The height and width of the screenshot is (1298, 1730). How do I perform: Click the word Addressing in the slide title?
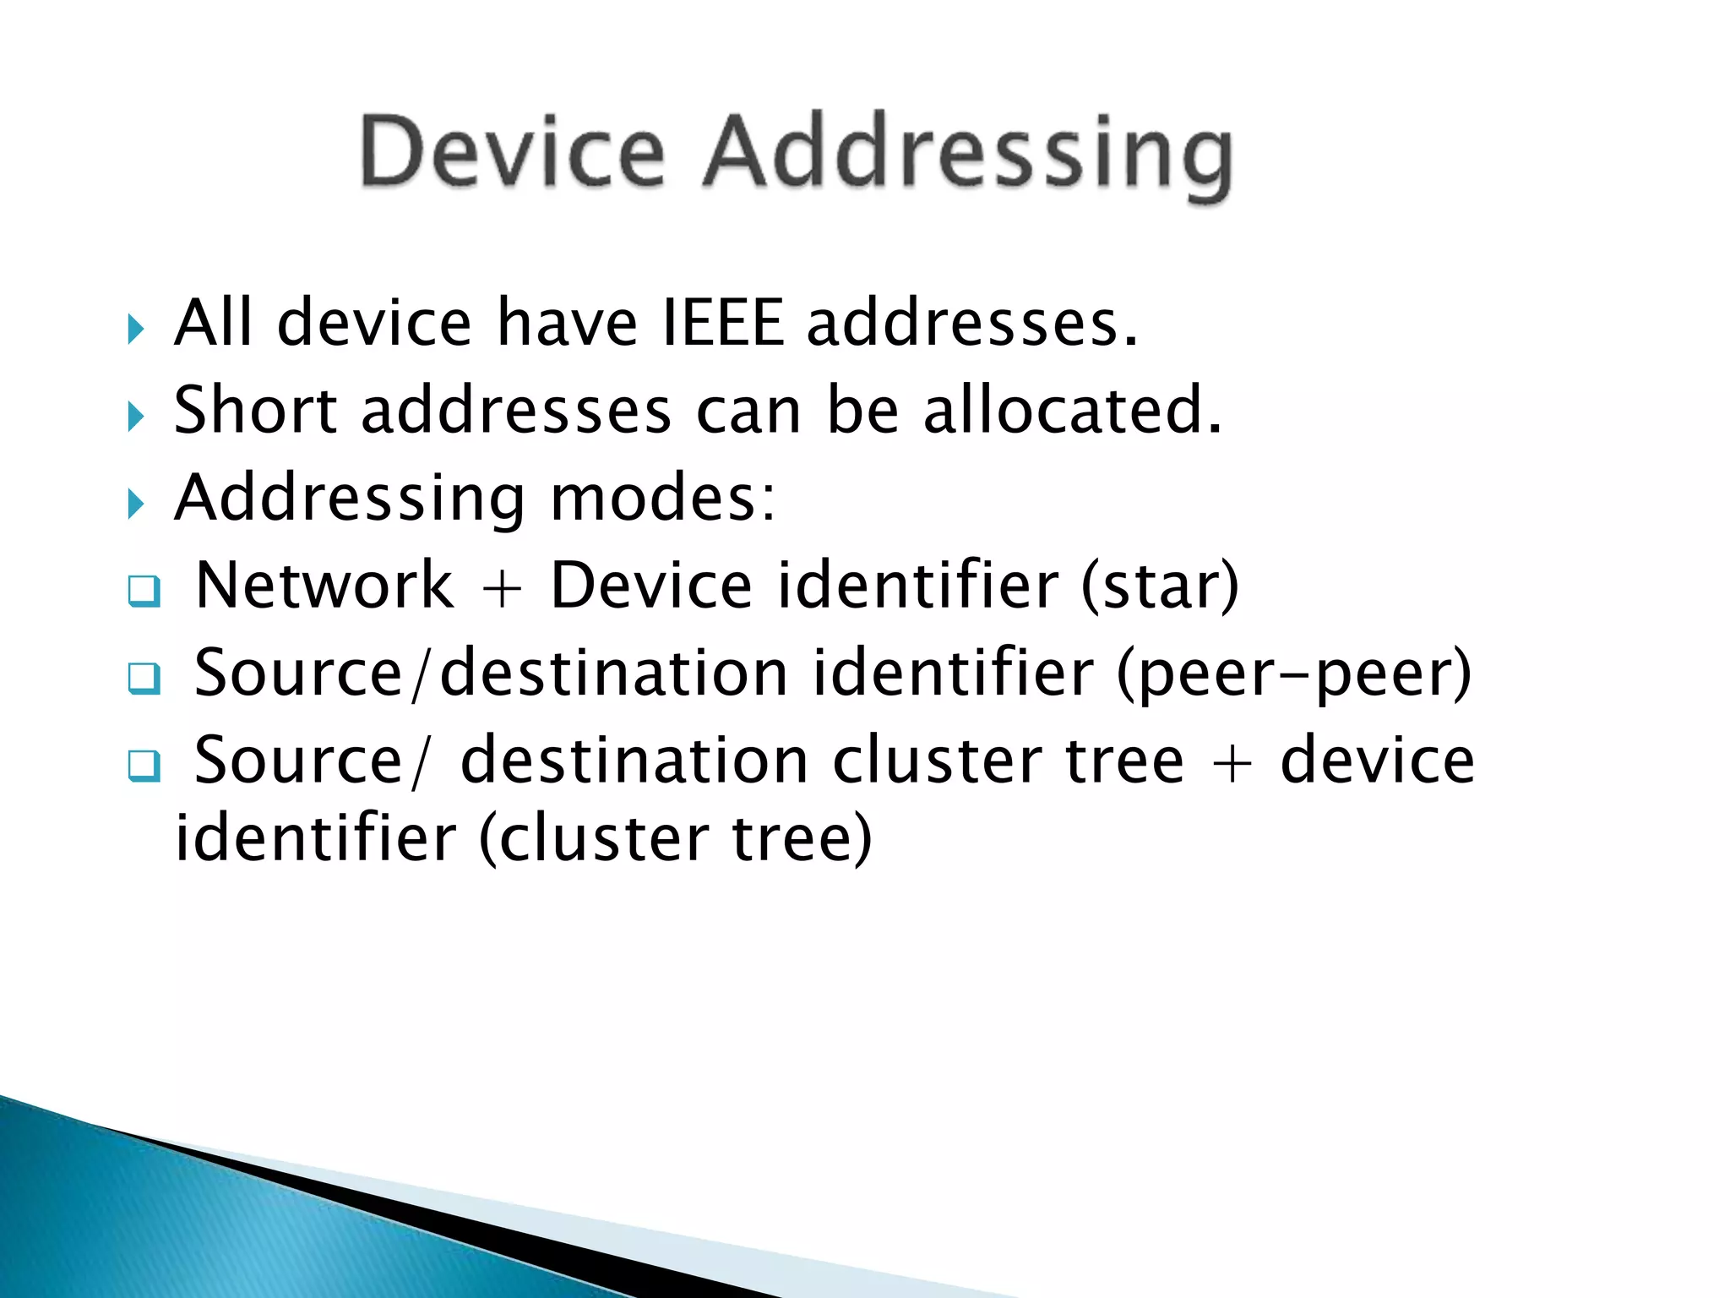click(x=968, y=156)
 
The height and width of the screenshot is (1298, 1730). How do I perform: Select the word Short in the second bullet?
click(x=255, y=410)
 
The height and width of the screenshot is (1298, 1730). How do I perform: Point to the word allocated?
click(x=1072, y=410)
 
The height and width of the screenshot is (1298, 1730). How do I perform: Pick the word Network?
click(x=324, y=585)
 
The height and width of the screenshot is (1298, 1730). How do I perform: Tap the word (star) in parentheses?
click(x=1160, y=586)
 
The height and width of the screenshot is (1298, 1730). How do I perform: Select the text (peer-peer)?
click(x=1294, y=674)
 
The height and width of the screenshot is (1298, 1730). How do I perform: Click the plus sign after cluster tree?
click(x=1232, y=761)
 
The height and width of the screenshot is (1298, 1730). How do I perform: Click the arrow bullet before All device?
click(x=136, y=328)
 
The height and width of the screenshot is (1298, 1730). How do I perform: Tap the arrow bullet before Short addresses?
click(x=136, y=416)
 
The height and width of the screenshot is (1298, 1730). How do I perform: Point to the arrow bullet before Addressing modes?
click(x=136, y=504)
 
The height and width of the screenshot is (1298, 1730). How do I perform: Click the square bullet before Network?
click(x=144, y=591)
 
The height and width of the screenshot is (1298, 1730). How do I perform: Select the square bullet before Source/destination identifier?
click(x=144, y=678)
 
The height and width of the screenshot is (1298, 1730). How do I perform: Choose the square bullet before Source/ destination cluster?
click(x=144, y=766)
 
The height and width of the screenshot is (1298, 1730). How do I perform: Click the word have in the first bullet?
click(x=567, y=323)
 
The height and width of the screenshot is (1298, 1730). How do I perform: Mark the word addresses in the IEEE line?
click(x=971, y=323)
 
